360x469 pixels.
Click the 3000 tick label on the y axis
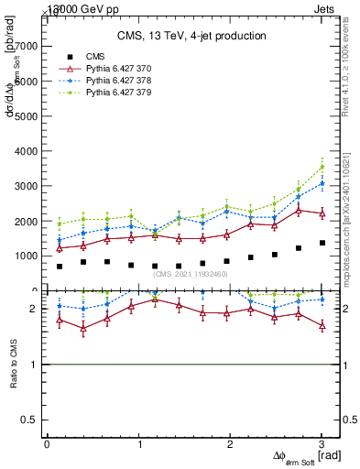pos(27,186)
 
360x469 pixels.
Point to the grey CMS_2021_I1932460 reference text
pos(190,274)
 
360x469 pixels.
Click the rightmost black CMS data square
pos(322,243)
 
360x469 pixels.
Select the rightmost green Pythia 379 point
pos(322,167)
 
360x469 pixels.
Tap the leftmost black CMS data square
pos(60,267)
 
